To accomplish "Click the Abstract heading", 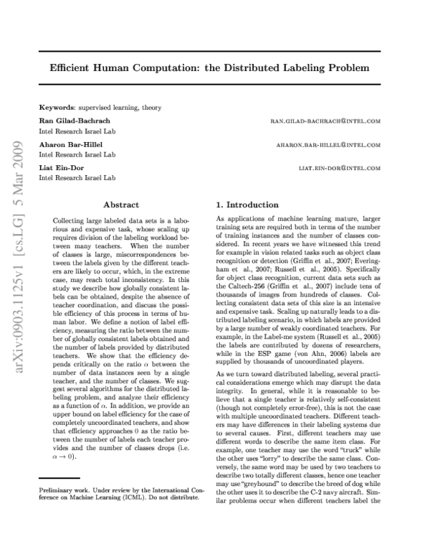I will tap(120, 205).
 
